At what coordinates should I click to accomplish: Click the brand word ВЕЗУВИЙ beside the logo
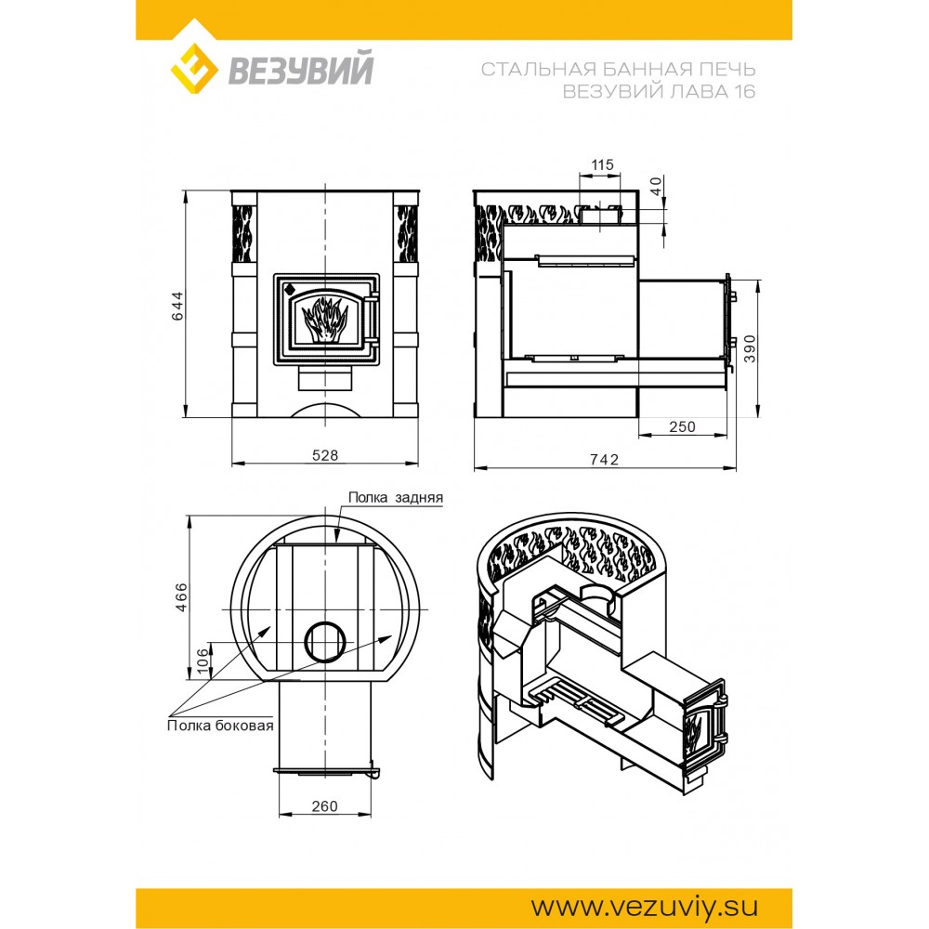[301, 69]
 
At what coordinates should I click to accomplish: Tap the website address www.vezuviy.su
[644, 907]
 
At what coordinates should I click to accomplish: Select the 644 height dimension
[177, 306]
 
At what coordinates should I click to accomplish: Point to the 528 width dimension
[325, 454]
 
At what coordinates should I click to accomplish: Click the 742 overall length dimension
[605, 459]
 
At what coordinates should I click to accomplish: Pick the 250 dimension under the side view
[682, 426]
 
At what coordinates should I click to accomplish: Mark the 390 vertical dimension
[750, 349]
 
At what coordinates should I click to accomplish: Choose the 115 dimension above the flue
[603, 164]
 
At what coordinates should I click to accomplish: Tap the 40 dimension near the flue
[656, 187]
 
